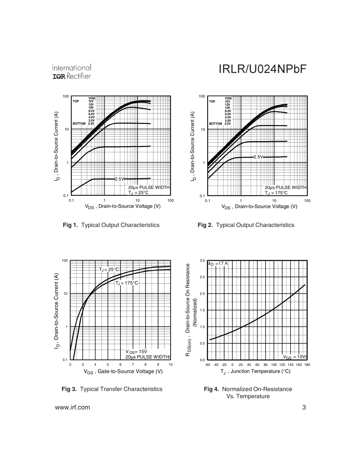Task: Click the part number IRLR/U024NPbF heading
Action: pos(262,69)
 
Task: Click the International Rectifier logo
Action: pos(72,72)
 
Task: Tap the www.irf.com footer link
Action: pos(73,408)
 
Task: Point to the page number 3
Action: pos(304,408)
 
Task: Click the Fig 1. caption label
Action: pos(70,225)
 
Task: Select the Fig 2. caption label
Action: pos(205,225)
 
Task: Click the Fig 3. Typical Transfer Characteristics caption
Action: pos(112,389)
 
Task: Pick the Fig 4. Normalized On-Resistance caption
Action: pos(248,389)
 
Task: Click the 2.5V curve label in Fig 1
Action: pos(119,179)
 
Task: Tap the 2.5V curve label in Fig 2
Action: pos(258,156)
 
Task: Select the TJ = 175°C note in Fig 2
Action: pos(276,192)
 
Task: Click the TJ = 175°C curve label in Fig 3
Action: pos(127,283)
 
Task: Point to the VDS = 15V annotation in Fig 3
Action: pos(136,352)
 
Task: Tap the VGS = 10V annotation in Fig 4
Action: pos(294,357)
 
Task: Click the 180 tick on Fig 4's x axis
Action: pos(307,365)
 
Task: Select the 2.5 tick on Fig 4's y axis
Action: pos(202,277)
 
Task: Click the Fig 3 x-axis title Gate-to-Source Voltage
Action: pos(123,372)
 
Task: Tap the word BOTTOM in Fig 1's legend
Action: pos(79,124)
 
